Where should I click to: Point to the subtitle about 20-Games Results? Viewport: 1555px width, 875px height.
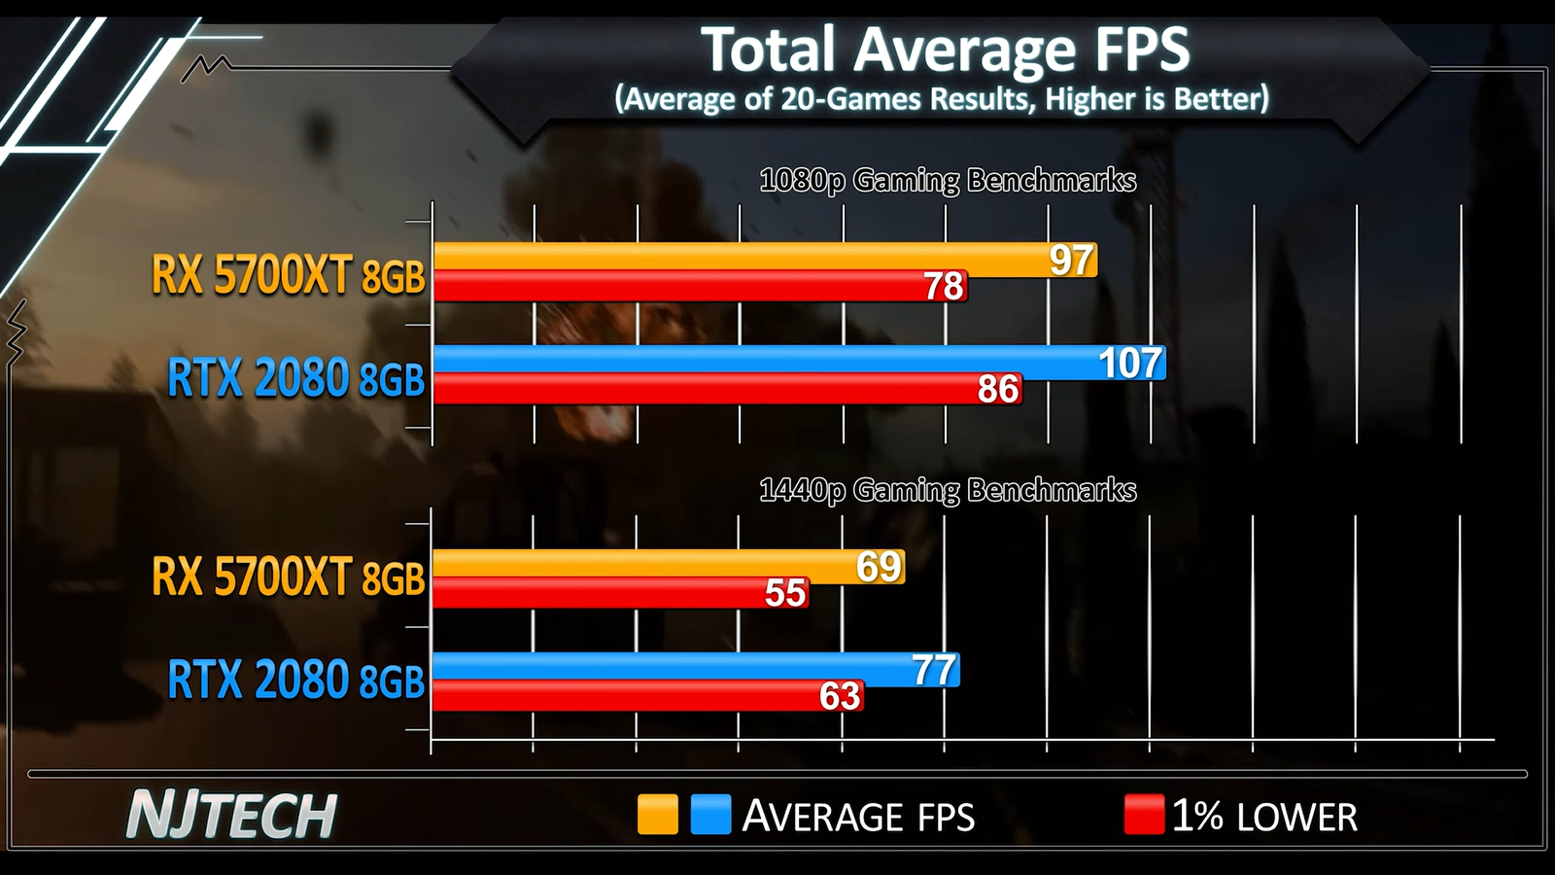tap(942, 99)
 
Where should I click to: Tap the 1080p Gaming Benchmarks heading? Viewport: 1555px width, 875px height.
tap(948, 181)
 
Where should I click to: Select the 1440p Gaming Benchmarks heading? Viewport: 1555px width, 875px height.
tap(948, 490)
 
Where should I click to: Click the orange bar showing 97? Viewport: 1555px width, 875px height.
tap(739, 258)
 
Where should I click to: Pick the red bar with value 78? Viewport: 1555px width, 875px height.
tap(680, 287)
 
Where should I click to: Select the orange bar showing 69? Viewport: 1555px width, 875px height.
tap(641, 565)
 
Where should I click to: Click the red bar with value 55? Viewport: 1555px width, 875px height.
tap(603, 593)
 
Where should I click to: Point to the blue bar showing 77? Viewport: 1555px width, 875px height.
tap(671, 668)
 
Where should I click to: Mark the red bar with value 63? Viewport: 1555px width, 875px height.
tap(632, 696)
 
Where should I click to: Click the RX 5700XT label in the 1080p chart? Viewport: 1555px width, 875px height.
tap(289, 275)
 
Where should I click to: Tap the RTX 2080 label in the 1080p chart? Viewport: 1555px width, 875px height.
tap(296, 378)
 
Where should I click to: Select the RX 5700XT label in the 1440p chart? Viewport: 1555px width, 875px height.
tap(289, 577)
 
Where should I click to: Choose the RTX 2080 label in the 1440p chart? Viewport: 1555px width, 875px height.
tap(296, 680)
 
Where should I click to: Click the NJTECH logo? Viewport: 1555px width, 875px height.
tap(231, 815)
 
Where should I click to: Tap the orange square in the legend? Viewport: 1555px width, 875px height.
tap(658, 815)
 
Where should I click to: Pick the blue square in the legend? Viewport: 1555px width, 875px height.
tap(710, 815)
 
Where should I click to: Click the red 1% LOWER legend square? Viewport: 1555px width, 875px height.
tap(1144, 815)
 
